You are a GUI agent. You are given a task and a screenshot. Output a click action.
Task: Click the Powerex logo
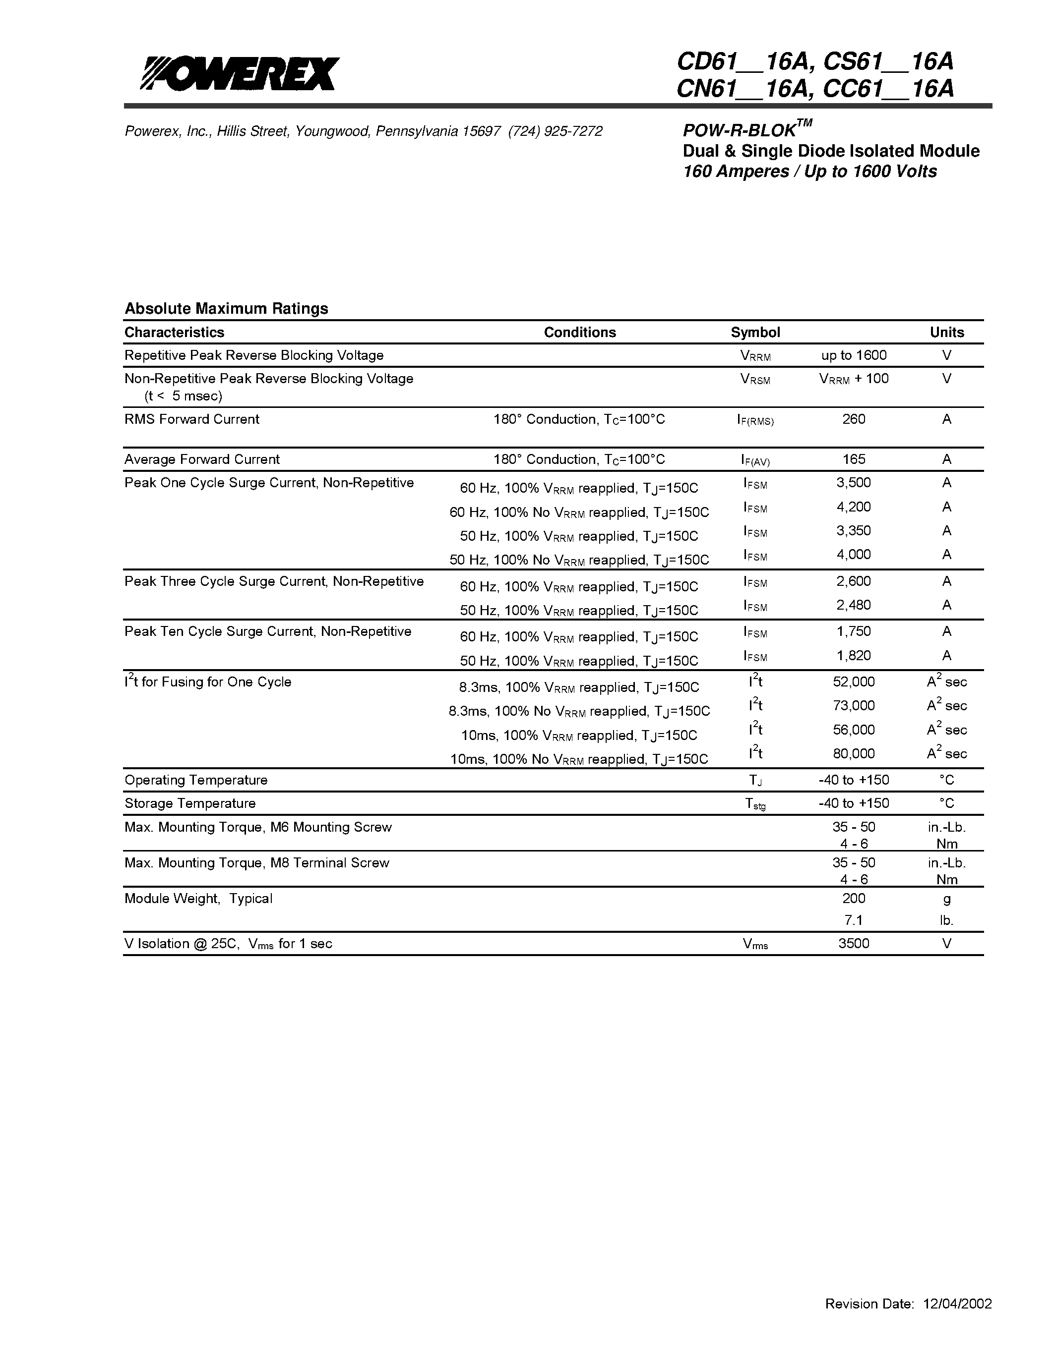pos(240,74)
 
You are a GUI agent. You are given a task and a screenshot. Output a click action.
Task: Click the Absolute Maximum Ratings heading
pos(226,308)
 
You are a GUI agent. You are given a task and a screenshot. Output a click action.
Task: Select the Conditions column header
pos(579,332)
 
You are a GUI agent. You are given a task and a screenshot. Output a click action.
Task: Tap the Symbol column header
pos(755,332)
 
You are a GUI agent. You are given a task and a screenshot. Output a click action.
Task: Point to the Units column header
pos(946,332)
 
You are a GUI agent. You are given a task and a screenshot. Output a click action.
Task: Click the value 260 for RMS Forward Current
pos(854,419)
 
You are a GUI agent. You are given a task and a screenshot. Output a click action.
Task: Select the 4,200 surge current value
pos(854,507)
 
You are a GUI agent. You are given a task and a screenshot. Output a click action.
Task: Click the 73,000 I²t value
pos(854,705)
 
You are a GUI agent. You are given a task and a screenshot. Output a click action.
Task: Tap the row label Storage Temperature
pos(190,803)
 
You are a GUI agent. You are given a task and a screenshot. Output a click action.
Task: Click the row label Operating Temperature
pos(195,780)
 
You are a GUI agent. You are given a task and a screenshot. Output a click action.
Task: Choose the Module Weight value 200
pos(854,898)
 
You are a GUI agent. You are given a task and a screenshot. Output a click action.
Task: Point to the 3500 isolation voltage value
pos(854,943)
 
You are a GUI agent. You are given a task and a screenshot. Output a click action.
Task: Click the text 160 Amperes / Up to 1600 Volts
pos(810,171)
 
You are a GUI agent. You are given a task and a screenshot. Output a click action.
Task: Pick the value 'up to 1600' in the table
pos(854,355)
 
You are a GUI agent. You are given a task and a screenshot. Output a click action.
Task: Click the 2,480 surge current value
pos(854,605)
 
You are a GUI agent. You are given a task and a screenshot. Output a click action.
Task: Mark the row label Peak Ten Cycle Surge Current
pos(268,631)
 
